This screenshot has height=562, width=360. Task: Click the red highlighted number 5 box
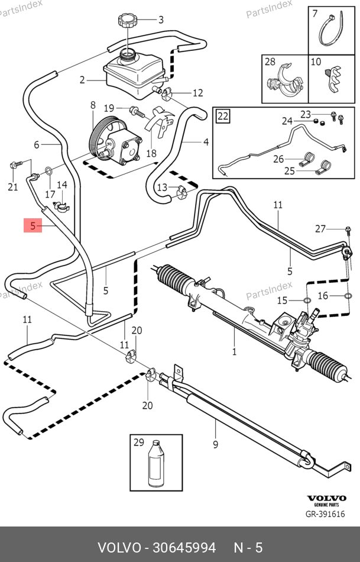33,225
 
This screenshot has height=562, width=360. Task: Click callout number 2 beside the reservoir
83,79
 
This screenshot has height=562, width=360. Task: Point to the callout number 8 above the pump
92,105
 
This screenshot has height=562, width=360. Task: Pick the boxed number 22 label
222,115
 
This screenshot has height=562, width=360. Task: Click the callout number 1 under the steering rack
234,351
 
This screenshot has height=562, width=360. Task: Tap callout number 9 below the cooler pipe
215,444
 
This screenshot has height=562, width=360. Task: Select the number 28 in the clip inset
270,62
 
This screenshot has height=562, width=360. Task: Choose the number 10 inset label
316,62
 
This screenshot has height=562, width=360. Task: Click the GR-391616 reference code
325,514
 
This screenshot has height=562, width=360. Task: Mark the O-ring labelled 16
348,296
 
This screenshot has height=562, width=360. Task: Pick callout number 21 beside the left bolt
13,188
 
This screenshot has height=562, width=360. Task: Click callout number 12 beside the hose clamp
197,93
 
